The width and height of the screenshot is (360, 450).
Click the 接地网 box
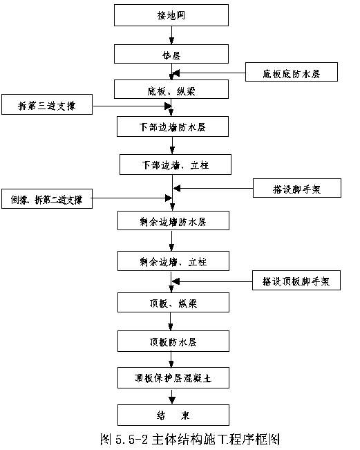tap(171, 15)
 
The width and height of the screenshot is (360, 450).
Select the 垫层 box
tap(171, 54)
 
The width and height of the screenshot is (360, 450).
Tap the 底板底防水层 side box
tap(292, 72)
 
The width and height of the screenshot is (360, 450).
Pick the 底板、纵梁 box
tap(171, 89)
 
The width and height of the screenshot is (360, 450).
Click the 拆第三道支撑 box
tap(47, 104)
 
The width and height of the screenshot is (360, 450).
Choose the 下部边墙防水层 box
tap(173, 126)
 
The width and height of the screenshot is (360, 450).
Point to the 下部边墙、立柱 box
tap(176, 165)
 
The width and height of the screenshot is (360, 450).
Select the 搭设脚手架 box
tap(297, 188)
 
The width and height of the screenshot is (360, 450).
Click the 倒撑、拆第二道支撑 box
tap(47, 198)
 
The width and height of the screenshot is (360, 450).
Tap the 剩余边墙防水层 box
tap(173, 221)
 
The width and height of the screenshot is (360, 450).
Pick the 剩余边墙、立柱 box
tap(173, 261)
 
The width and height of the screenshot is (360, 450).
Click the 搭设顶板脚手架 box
tap(296, 281)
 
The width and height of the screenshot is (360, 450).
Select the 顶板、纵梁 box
tap(173, 303)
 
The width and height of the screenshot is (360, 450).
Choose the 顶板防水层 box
tap(173, 341)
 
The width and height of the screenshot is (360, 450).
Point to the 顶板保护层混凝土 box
tap(173, 377)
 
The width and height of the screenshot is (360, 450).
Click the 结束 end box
tap(173, 415)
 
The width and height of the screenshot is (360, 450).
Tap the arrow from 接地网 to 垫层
tap(171, 35)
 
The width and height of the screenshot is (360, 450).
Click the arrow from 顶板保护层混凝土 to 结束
tap(172, 396)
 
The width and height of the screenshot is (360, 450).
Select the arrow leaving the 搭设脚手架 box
tap(214, 189)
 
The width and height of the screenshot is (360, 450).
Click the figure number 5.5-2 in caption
tap(131, 440)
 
